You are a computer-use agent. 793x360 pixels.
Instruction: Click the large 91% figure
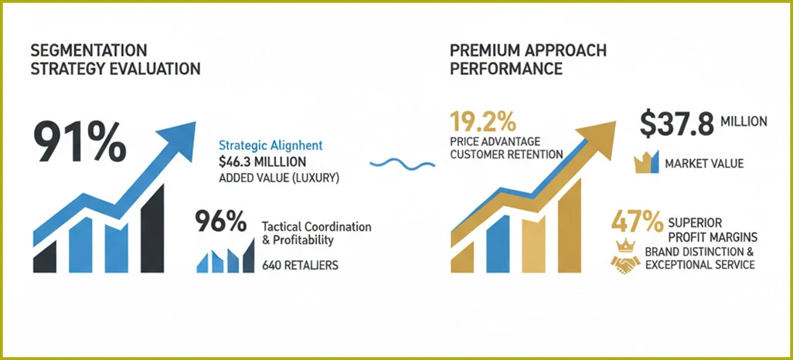tap(78, 141)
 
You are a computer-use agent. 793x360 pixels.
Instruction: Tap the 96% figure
tap(221, 223)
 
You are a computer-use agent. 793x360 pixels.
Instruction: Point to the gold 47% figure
tap(636, 221)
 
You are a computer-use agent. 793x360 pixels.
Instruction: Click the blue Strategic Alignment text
tap(271, 145)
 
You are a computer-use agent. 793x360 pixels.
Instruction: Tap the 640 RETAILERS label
tap(300, 266)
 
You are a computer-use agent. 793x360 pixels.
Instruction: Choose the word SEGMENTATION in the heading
tap(88, 50)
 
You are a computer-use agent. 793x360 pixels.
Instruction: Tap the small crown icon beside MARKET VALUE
tap(644, 162)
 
